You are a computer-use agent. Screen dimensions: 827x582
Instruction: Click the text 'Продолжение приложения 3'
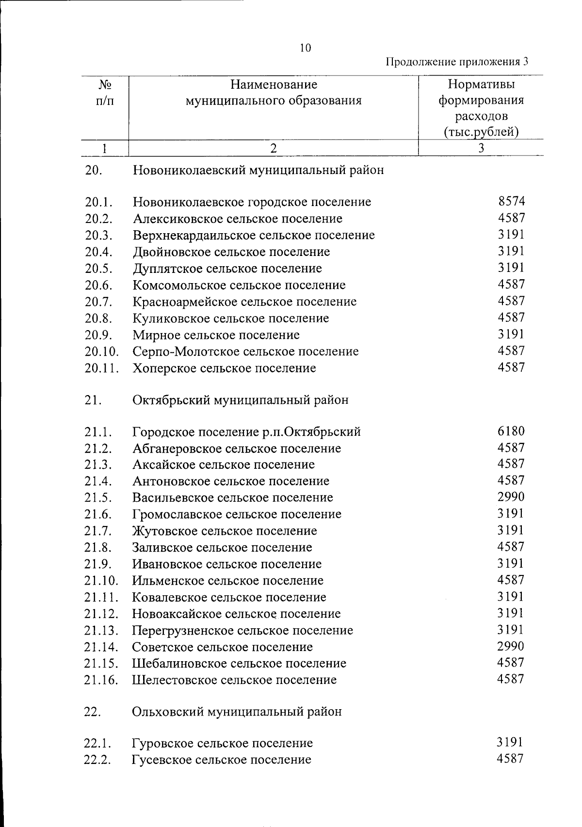pos(456,62)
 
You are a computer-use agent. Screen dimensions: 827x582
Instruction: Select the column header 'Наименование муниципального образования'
pos(274,93)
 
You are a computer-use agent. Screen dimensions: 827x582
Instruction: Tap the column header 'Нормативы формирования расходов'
pos(481,108)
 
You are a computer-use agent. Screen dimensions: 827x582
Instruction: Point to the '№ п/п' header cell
pos(105,93)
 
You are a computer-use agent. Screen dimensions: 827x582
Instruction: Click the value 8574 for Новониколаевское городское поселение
pos(511,201)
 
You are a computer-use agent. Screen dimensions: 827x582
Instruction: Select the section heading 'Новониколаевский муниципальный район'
pos(258,170)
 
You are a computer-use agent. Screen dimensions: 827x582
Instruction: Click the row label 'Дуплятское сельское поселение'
pos(227,269)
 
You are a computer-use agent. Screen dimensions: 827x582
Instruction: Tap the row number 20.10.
pos(102,351)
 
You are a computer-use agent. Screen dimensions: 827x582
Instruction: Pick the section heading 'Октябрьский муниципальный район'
pos(240,400)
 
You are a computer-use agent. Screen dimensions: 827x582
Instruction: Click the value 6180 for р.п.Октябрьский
pos(511,431)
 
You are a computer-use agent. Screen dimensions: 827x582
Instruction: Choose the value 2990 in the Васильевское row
pos(511,497)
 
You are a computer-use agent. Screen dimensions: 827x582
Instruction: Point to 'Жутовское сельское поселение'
pos(225,531)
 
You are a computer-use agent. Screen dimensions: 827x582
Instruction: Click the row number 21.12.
pos(101,614)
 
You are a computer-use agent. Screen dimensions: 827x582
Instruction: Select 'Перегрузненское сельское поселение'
pos(242,631)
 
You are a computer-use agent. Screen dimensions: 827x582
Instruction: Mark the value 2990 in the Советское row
pos(511,646)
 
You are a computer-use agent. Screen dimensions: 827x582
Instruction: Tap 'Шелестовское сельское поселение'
pos(234,680)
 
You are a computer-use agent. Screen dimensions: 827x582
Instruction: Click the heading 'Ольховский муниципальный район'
pos(237,712)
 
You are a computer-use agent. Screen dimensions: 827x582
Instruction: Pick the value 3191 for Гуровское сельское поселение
pos(510,742)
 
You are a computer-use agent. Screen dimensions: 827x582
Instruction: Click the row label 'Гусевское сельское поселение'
pos(222,760)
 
